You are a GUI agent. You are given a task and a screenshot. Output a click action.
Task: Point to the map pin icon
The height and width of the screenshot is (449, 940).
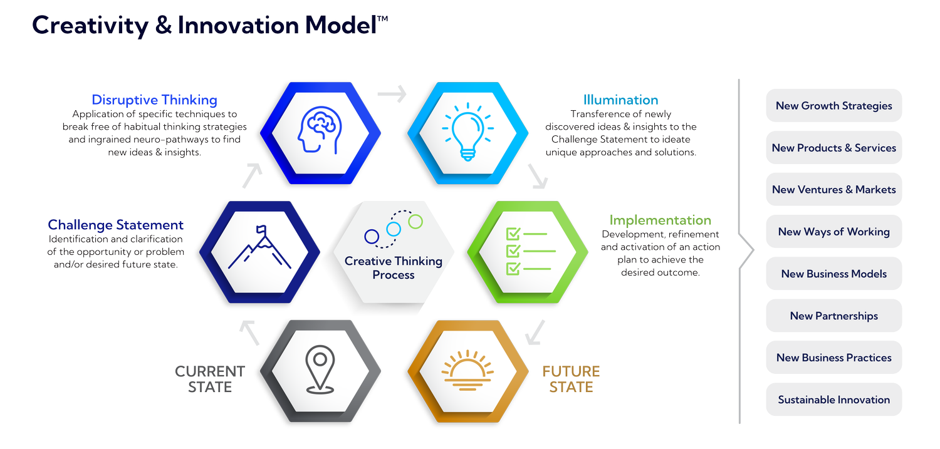tap(320, 370)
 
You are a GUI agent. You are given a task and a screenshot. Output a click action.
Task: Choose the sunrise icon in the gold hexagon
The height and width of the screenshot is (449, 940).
tap(467, 370)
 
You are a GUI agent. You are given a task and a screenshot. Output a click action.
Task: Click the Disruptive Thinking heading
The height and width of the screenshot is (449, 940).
tap(154, 100)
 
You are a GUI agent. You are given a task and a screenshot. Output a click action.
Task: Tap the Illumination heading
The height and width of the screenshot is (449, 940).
tap(620, 100)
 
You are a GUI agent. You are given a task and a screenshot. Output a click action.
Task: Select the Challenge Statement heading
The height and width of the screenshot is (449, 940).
tap(116, 225)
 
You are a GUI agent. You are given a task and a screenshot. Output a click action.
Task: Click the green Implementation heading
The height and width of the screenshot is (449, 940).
tap(661, 220)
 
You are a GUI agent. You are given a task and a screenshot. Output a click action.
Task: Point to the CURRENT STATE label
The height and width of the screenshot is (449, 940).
tap(209, 379)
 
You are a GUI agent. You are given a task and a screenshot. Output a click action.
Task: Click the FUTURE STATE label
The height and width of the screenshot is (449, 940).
tap(571, 379)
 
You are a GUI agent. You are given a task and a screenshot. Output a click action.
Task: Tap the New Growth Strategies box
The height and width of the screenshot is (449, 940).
tap(833, 106)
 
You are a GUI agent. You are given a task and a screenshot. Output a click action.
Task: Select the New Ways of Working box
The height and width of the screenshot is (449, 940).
tap(833, 232)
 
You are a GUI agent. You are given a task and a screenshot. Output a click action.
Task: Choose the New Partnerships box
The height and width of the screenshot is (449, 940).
tap(833, 316)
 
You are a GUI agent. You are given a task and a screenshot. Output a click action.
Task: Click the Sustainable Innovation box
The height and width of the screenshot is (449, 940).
tap(833, 400)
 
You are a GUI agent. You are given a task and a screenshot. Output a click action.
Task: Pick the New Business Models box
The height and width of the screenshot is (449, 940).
tap(833, 274)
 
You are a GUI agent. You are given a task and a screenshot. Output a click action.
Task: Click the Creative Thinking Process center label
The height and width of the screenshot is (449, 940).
tap(394, 267)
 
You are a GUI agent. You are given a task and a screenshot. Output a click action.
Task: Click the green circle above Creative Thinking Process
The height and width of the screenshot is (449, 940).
tap(415, 221)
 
